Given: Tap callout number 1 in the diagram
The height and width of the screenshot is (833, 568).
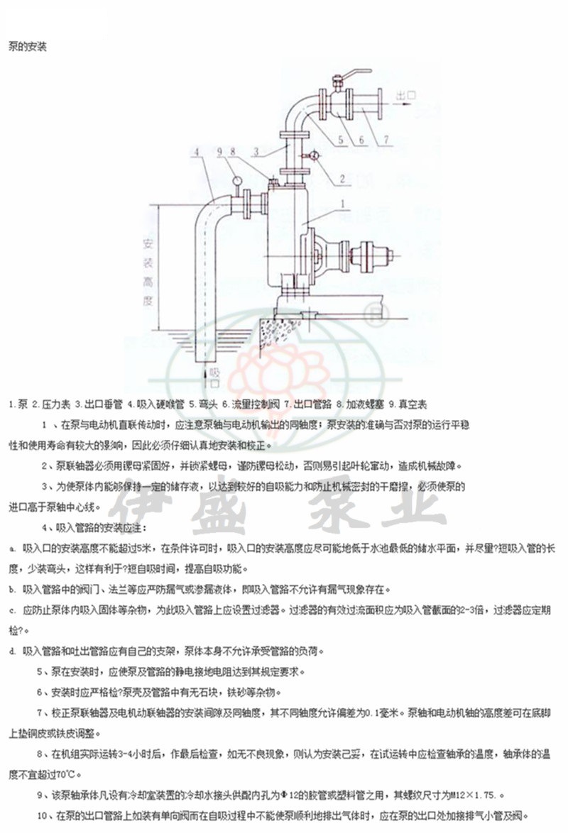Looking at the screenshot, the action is pyautogui.click(x=343, y=204).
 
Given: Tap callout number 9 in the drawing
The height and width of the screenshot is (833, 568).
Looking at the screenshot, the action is pyautogui.click(x=219, y=151).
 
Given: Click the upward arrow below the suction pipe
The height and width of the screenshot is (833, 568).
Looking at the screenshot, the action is pyautogui.click(x=207, y=372).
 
